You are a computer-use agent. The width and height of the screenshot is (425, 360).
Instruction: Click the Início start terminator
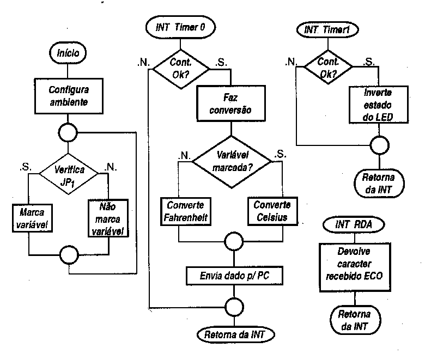pos(68,53)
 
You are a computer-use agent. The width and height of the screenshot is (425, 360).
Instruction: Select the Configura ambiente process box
pos(69,96)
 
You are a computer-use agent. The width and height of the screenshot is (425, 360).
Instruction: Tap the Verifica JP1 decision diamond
pos(69,174)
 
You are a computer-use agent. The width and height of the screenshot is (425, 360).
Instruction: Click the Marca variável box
pos(32,218)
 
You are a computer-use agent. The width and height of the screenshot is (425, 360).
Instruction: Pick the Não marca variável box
pos(108,218)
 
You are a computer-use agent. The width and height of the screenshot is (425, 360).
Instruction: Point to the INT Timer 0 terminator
pos(180,27)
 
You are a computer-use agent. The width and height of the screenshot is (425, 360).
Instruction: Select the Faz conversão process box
pos(231,103)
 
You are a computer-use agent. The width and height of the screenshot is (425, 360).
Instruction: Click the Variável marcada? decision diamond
pos(232,162)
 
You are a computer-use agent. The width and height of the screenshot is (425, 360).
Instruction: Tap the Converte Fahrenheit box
pos(186,211)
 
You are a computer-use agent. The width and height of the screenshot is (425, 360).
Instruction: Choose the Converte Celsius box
pos(272,211)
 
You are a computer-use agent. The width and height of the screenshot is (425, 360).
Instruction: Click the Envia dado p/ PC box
pos(234,276)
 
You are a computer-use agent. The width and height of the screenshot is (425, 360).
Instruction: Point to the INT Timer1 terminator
pos(327,30)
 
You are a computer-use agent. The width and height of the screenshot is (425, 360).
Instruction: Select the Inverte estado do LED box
pos(378,105)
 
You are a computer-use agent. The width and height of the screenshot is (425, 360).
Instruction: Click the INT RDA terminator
pos(354,224)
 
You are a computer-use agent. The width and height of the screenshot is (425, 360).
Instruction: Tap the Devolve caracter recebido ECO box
pos(355,267)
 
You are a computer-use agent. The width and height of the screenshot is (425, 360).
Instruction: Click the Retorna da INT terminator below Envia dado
pos(235,335)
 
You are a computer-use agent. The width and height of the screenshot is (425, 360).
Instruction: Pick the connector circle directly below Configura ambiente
pos(68,132)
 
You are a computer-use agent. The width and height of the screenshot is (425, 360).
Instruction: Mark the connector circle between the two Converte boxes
pos(234,241)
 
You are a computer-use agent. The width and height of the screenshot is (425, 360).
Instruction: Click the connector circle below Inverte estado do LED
pos(379,145)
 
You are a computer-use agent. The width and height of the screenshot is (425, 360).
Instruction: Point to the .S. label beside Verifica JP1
pos(26,167)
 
